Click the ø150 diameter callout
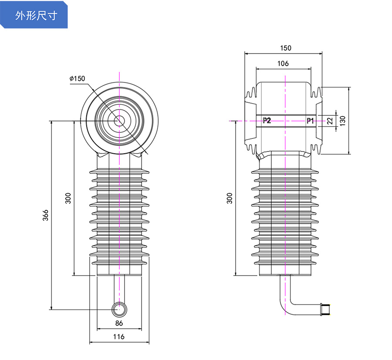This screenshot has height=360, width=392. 77,78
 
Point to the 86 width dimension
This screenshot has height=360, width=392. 119,323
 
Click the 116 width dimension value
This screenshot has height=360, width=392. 119,336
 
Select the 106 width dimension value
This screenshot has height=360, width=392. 283,63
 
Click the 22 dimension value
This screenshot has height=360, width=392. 330,121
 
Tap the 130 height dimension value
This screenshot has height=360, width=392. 343,121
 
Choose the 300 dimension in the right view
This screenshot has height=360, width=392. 230,198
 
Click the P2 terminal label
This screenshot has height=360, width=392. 267,121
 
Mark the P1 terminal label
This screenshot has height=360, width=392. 310,121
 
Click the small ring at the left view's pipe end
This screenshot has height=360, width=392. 119,309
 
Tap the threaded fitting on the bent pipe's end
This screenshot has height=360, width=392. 325,309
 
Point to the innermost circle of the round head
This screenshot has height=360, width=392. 119,121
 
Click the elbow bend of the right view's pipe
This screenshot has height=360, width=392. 288,305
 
